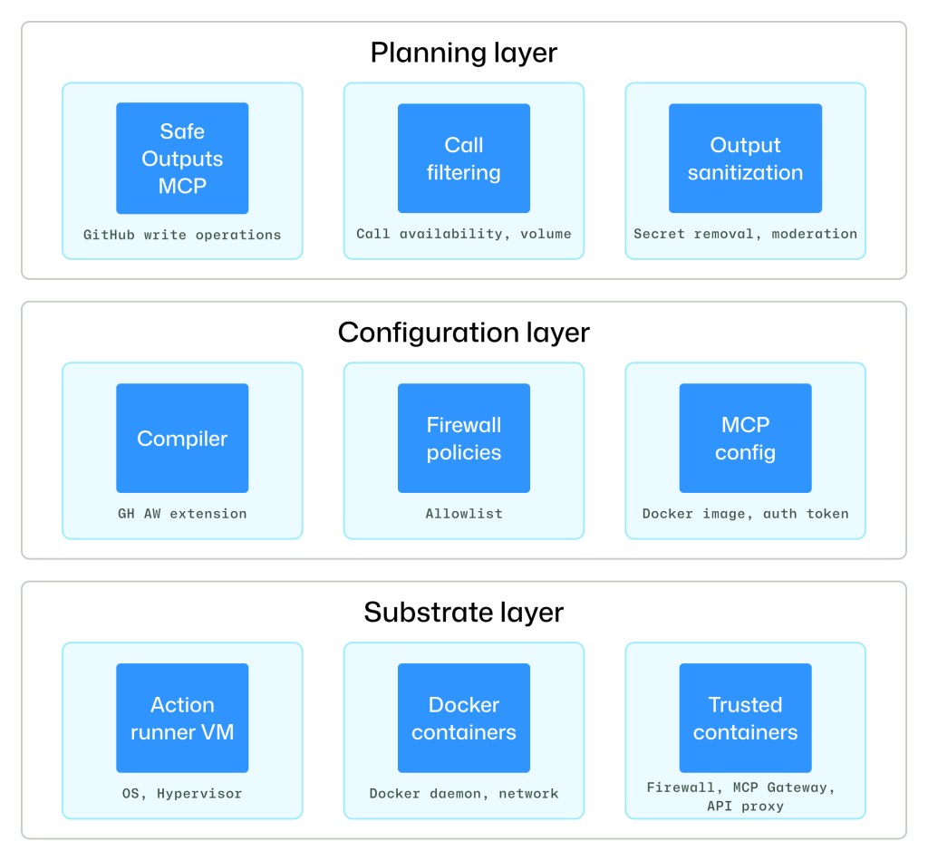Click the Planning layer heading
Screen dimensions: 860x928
(463, 53)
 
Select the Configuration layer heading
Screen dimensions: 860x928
(463, 333)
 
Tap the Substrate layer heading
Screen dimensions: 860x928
(463, 613)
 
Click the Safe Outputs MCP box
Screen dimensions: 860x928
(182, 159)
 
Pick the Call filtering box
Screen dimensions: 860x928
(463, 159)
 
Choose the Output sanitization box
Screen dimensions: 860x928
(745, 159)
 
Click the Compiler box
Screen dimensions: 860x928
(182, 439)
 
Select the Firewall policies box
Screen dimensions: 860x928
(463, 439)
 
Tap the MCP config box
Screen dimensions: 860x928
(745, 439)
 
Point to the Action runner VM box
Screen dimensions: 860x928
(182, 718)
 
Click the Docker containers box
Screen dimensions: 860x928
(463, 718)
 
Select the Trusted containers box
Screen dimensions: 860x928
(745, 718)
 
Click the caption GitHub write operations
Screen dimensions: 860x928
(182, 235)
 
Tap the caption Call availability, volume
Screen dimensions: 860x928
(463, 234)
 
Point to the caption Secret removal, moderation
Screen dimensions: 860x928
(745, 234)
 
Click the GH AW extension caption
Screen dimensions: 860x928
(182, 514)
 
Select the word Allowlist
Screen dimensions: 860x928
(463, 514)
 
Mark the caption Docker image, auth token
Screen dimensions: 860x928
(745, 514)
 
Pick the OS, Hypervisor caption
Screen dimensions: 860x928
(182, 794)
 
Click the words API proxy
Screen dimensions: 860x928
(745, 806)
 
